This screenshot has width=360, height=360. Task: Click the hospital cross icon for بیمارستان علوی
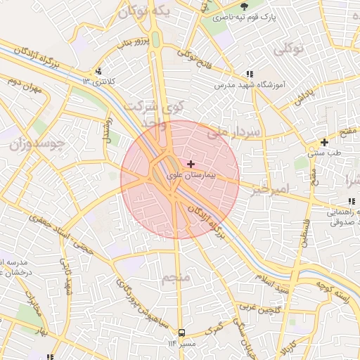click(191, 163)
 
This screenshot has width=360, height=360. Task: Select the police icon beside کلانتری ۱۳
click(98, 71)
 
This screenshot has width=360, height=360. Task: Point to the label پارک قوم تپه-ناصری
click(243, 15)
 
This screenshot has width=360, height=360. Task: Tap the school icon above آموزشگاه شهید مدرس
click(250, 73)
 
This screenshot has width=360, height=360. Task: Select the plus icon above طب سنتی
click(323, 143)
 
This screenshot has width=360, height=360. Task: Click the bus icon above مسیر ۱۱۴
click(182, 332)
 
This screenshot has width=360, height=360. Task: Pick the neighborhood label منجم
click(176, 279)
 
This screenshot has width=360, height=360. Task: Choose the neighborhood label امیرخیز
click(270, 190)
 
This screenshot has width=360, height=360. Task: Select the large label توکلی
click(287, 49)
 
